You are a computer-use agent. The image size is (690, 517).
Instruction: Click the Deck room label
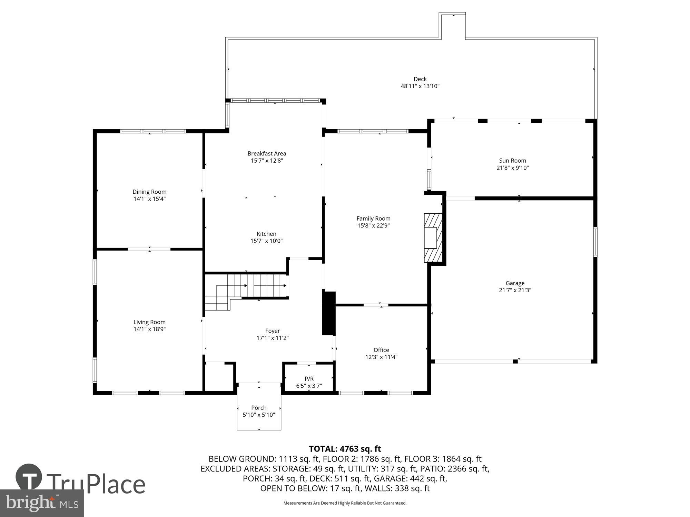(x=420, y=79)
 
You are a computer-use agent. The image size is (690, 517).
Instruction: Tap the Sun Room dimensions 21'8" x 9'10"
(x=512, y=168)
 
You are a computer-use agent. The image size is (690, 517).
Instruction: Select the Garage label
(x=515, y=283)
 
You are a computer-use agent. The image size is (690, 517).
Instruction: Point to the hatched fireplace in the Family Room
(x=433, y=237)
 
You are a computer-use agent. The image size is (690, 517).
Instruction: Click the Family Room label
(x=373, y=218)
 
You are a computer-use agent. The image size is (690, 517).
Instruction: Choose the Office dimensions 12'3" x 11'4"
(x=381, y=357)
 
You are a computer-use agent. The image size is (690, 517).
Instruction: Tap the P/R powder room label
(x=309, y=379)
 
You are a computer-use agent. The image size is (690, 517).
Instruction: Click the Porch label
(x=259, y=408)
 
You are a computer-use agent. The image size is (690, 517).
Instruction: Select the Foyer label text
(x=272, y=331)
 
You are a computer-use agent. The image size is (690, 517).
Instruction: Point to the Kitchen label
(x=266, y=234)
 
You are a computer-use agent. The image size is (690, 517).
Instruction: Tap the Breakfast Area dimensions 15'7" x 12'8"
(x=267, y=161)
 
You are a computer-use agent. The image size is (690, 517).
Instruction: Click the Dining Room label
(x=149, y=192)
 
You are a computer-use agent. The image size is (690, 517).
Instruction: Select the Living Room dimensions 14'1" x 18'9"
(x=149, y=329)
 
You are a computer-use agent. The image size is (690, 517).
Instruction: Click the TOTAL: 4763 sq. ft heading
(x=345, y=449)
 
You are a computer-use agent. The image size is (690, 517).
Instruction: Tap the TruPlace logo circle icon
(x=29, y=477)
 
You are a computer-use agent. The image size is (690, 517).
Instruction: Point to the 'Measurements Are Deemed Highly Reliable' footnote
(x=345, y=503)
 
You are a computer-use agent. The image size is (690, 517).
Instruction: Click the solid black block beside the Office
(x=328, y=313)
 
